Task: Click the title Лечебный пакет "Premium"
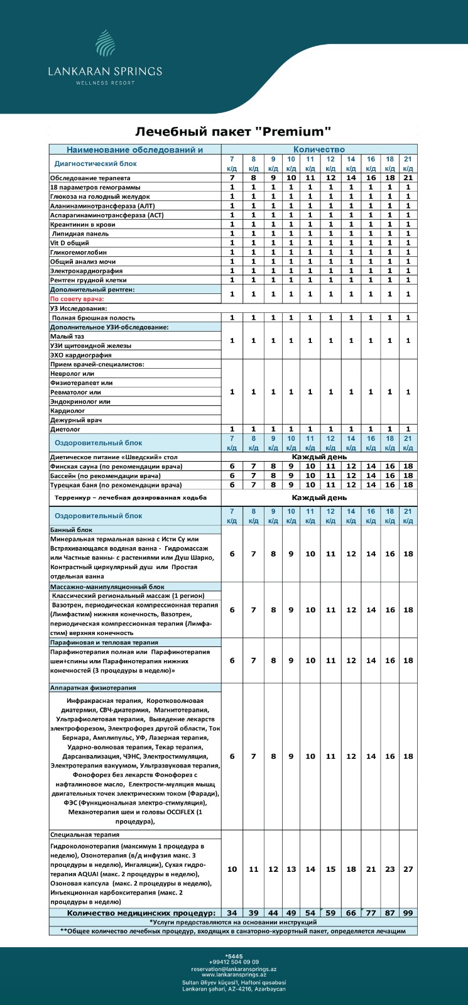tap(233, 131)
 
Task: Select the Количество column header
tap(319, 149)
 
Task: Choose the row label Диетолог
tap(65, 429)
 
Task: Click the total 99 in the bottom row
tap(408, 912)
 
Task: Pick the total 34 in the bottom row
tap(232, 912)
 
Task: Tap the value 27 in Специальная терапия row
tap(408, 869)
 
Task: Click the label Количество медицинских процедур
tap(141, 912)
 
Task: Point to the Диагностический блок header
tap(95, 163)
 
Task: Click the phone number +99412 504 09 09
tap(234, 962)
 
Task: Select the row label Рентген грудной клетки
tap(88, 280)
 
